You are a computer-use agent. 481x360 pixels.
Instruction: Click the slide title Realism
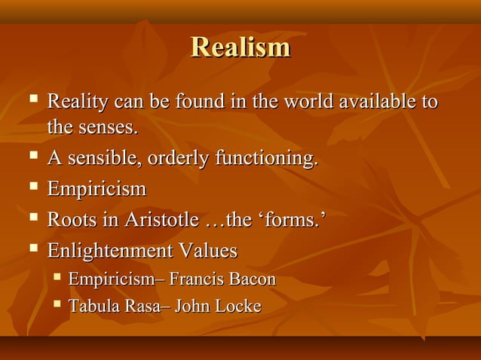[240, 47]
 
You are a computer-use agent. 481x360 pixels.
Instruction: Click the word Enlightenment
[110, 250]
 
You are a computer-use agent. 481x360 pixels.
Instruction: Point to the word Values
[208, 250]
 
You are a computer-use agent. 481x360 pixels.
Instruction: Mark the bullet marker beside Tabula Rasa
[57, 306]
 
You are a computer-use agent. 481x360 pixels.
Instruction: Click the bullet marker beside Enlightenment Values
[32, 249]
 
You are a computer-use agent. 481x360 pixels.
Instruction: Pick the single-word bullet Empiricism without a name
[97, 189]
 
